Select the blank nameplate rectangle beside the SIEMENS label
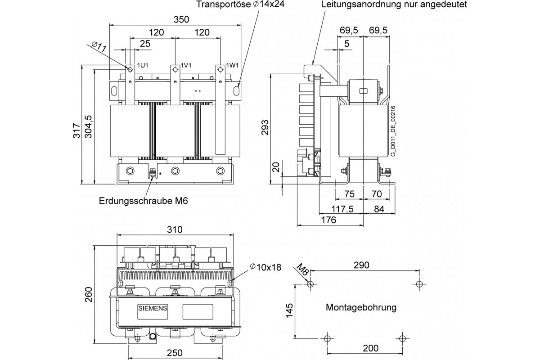[198, 311]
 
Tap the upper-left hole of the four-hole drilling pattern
[310, 284]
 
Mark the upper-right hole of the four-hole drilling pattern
[419, 284]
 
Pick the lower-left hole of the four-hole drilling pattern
[327, 338]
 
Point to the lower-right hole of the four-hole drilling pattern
[402, 338]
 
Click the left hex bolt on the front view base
[130, 171]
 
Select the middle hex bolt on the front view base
[175, 171]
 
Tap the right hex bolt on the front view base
[220, 171]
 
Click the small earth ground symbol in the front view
[161, 172]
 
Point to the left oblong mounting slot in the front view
[114, 90]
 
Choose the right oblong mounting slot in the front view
[236, 90]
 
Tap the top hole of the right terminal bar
[220, 69]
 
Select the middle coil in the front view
[175, 131]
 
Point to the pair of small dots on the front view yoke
[198, 91]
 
